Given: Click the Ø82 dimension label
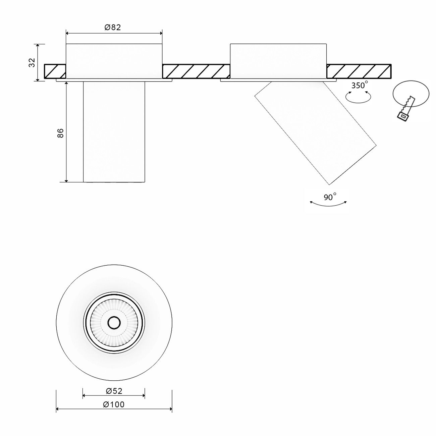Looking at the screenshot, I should point(112,28).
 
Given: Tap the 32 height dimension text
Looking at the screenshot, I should point(32,62).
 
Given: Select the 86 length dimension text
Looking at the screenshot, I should point(60,133).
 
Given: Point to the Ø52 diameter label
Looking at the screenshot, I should point(114,391).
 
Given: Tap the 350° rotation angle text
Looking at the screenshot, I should point(359,85).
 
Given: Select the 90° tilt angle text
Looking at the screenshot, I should point(330,197).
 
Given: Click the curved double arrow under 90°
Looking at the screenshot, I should point(328,204).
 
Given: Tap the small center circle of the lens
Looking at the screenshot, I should point(114,323).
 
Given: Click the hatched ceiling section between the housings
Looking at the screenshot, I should point(196,71).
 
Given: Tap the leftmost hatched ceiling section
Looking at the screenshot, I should point(55,71).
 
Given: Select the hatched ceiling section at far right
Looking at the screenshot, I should point(359,71).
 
